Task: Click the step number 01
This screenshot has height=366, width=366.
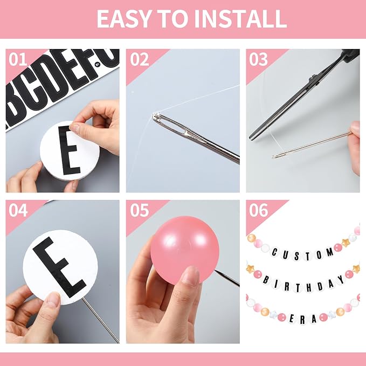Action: [18, 59]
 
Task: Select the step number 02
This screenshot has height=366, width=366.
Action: [140, 59]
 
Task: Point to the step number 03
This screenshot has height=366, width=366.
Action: [258, 59]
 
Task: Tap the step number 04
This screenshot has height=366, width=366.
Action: [18, 210]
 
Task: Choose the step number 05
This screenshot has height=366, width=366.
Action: [140, 210]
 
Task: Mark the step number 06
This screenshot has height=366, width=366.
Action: [258, 210]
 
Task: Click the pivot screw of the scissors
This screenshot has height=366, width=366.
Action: [314, 78]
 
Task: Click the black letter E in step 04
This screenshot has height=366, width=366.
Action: [59, 267]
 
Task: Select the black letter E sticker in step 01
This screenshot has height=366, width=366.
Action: [70, 150]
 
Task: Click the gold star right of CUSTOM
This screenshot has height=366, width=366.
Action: [346, 243]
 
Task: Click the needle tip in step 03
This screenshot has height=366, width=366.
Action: [274, 157]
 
